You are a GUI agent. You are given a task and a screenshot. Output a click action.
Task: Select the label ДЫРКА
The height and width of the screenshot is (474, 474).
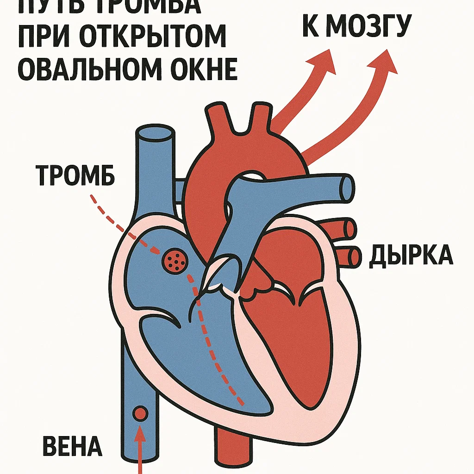[x=411, y=255]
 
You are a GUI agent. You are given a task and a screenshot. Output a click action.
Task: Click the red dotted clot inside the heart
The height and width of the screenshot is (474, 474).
[x=175, y=261]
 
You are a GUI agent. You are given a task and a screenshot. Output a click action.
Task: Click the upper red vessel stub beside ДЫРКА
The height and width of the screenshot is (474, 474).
[x=349, y=227]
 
